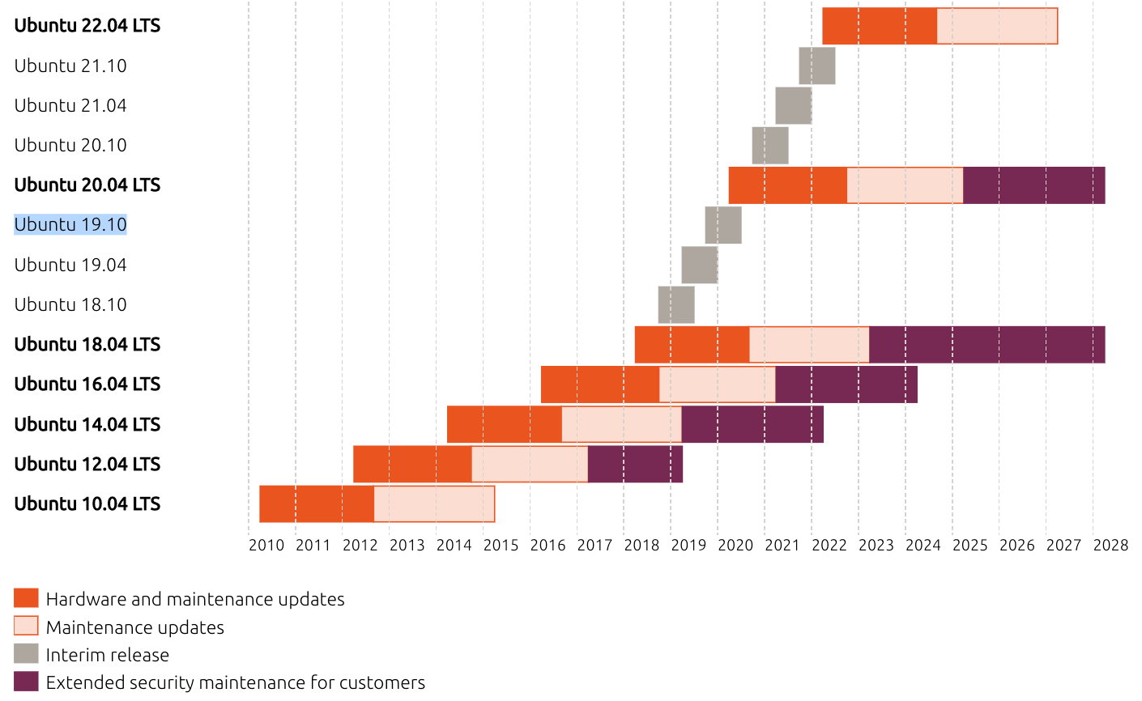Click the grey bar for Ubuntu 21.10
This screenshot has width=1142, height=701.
[x=816, y=66]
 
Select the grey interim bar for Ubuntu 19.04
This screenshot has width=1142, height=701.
[x=699, y=265]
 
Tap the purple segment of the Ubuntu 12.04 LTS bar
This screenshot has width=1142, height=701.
[x=635, y=464]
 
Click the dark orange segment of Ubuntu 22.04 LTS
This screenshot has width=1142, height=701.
[x=879, y=26]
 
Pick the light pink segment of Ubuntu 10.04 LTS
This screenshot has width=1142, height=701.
[x=434, y=503]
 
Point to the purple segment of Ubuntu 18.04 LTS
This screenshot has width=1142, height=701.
[x=986, y=344]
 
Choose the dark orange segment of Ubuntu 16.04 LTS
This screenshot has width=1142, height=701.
[x=599, y=384]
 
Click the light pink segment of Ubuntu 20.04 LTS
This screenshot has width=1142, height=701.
[x=905, y=185]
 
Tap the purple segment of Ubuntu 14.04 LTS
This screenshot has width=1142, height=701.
[x=752, y=424]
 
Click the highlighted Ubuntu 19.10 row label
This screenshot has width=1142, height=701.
[x=70, y=224]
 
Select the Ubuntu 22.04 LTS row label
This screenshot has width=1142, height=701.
[x=87, y=26]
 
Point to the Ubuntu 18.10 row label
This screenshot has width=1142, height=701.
[x=70, y=304]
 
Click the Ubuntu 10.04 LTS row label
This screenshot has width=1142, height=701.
[x=87, y=503]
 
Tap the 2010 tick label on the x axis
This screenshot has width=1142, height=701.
[x=266, y=545]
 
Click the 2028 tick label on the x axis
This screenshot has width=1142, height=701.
[x=1110, y=545]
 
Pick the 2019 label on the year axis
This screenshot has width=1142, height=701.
[x=688, y=545]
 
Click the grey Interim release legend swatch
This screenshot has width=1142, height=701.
[x=26, y=654]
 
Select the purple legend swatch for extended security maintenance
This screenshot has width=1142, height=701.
[x=26, y=682]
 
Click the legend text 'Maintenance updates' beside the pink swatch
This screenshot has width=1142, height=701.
[x=135, y=627]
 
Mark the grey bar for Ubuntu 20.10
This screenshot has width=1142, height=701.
[x=769, y=145]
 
